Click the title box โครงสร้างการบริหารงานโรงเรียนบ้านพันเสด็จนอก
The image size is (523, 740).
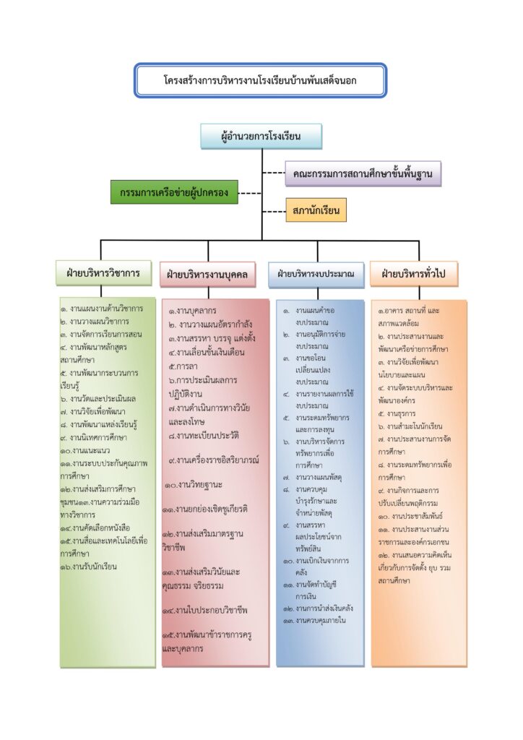tap(260, 80)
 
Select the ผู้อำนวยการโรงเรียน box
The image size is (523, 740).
tap(261, 136)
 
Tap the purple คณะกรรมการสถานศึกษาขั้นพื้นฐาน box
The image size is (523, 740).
tap(363, 174)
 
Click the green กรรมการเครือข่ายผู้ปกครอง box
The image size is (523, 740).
tap(174, 192)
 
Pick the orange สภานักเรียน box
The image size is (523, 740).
tap(316, 210)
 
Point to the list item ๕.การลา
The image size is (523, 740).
tap(178, 366)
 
